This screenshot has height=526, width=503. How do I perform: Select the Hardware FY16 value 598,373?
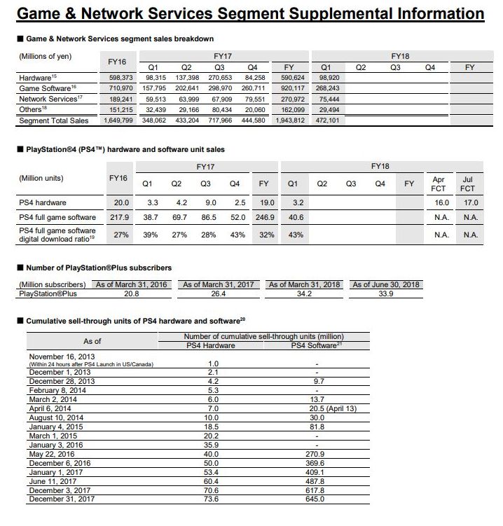(118, 78)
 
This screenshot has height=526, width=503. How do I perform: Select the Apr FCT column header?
(439, 184)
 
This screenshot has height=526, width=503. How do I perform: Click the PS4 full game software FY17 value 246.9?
(263, 218)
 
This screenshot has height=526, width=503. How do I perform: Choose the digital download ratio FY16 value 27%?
(121, 235)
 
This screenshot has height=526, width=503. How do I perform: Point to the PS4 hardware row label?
(43, 203)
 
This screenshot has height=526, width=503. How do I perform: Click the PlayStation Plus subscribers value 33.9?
(386, 293)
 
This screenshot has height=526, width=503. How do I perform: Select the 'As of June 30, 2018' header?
(386, 284)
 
